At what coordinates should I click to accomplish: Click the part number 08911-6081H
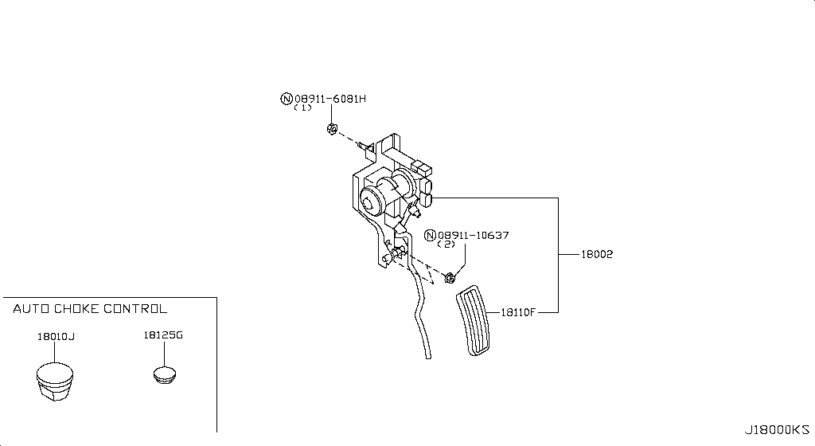point(330,99)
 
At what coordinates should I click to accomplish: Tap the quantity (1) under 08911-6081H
point(302,108)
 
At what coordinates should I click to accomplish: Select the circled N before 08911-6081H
point(286,99)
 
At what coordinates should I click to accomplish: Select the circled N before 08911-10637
point(431,235)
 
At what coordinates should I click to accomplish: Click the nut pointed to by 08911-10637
point(450,278)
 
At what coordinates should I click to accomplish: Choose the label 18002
point(596,254)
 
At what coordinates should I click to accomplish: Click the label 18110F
point(518,312)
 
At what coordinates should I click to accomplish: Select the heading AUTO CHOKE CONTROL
point(90,309)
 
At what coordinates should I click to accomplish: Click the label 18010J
point(56,336)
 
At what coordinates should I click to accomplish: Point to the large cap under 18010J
point(56,381)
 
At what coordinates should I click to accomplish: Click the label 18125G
point(164,335)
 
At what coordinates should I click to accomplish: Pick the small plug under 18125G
point(165,374)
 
